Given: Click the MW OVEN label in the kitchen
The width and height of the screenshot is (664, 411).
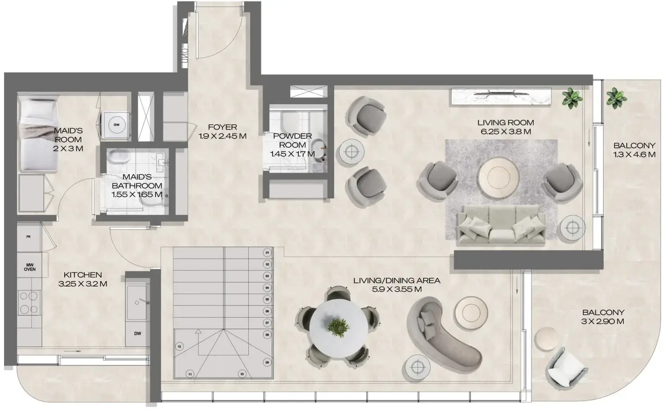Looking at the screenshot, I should pos(29,267).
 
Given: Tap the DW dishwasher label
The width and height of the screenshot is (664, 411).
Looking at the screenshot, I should pos(137,333).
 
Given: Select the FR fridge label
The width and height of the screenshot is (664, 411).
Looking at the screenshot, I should pos(28,236).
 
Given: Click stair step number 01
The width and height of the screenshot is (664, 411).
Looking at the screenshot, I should pos(267,253).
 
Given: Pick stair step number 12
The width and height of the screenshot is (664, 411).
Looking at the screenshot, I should pos(179,346).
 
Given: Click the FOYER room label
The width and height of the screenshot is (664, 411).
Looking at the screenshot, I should pos(222,127).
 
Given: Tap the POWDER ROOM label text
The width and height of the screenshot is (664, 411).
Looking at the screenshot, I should pos(292,140).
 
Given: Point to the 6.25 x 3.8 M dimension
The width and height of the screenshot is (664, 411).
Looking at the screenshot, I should pos(505,132).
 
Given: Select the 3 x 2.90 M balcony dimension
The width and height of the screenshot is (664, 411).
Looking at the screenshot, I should pos(603,322).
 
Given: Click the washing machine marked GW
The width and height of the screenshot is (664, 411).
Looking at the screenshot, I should pos(117,125).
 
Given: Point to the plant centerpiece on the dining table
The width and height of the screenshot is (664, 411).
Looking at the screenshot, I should pos(338,326).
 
